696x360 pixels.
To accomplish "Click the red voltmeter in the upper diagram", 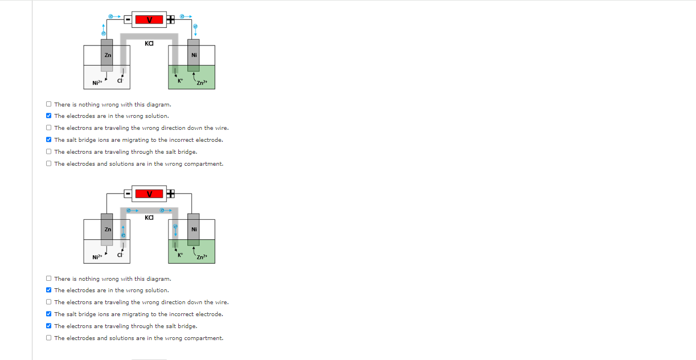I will coord(150,20).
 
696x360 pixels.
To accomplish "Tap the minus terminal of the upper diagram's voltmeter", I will coord(128,20).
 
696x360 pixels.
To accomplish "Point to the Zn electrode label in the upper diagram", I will coord(107,55).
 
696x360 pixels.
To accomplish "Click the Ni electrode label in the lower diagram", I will coord(194,229).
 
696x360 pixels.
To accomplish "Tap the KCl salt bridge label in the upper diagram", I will coord(149,43).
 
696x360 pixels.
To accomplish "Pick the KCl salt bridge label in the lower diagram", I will coord(149,218).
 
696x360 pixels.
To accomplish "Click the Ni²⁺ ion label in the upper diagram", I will coord(97,84).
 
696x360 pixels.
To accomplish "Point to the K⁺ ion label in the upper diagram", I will coord(181,81).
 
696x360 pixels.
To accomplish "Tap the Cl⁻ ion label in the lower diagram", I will coord(120,255).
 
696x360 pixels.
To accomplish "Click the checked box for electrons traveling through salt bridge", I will coord(49,326).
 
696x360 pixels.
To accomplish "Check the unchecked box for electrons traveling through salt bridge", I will coord(49,152).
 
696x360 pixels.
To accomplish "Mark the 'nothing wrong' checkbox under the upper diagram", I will coord(49,104).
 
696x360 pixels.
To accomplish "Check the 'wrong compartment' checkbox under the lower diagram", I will coord(49,338).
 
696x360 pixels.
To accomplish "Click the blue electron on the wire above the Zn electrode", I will coord(104,34).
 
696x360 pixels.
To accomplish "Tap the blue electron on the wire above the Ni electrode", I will coord(195,27).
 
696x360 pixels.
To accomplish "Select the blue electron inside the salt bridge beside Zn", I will coord(122,235).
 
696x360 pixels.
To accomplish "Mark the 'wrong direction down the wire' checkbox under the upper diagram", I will coord(49,128).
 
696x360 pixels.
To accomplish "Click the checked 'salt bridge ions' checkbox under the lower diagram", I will coord(49,314).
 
